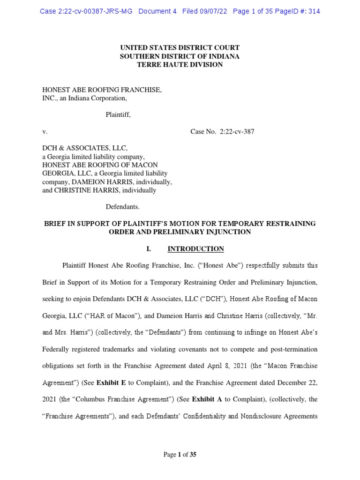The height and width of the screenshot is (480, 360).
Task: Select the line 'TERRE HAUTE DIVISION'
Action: [x=180, y=65]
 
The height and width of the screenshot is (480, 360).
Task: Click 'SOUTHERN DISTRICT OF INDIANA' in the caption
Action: [x=180, y=56]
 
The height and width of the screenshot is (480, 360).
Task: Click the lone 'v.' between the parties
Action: [x=45, y=132]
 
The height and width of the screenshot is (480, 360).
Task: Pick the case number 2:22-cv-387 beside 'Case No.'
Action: [x=237, y=132]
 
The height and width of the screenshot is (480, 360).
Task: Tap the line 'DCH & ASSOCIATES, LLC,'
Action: [x=85, y=148]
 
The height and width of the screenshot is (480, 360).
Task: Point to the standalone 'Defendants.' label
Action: [x=122, y=206]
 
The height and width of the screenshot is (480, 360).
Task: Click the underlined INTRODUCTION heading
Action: [x=195, y=249]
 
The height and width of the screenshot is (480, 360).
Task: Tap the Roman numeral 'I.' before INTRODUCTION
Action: [x=149, y=249]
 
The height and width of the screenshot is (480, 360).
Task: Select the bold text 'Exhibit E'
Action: [x=111, y=382]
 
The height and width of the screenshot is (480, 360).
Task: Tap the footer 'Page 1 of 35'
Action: [x=180, y=454]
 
